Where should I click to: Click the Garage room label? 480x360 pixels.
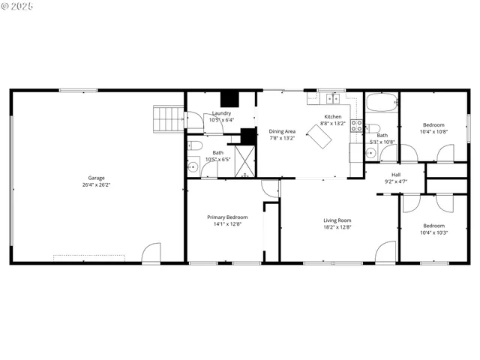[96, 178]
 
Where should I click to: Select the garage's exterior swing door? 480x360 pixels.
[151, 253]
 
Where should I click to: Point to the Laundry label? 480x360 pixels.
[222, 113]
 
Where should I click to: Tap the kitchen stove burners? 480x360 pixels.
[357, 125]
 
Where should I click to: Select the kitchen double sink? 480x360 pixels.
[332, 98]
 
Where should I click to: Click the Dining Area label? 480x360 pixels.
[282, 131]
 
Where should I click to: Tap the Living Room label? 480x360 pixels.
[337, 220]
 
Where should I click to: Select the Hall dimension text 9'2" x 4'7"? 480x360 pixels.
[395, 181]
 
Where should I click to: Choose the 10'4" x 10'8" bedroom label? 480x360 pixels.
[433, 124]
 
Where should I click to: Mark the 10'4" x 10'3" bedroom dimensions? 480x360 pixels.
[433, 232]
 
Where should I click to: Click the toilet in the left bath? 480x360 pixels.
[194, 145]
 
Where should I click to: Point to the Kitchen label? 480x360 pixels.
[333, 116]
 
